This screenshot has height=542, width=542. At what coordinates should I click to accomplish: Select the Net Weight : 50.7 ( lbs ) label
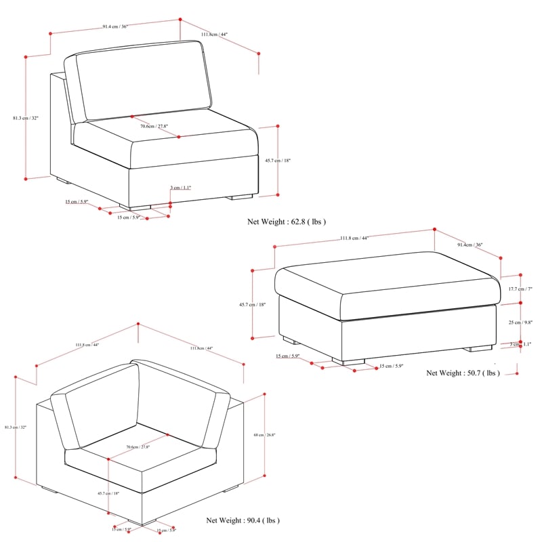[x=463, y=373]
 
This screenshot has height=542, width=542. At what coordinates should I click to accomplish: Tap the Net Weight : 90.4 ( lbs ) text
[x=243, y=520]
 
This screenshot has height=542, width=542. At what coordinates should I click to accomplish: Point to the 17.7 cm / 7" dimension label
[x=521, y=289]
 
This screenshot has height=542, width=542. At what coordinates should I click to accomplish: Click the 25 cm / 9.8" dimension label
[x=521, y=323]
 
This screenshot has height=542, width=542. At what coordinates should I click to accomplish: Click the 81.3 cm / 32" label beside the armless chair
[x=26, y=118]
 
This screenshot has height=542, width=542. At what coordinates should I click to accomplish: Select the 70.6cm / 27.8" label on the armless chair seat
[x=154, y=126]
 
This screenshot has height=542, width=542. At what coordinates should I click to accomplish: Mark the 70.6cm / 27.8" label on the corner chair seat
[x=138, y=447]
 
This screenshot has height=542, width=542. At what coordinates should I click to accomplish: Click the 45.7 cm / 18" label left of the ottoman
[x=253, y=305]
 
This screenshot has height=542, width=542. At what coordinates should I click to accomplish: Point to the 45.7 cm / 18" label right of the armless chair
[x=278, y=161]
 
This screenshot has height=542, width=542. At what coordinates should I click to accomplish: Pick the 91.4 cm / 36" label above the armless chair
[x=115, y=26]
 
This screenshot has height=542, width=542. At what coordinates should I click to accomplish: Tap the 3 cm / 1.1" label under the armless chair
[x=181, y=187]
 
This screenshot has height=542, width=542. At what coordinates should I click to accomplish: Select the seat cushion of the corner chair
[x=142, y=461]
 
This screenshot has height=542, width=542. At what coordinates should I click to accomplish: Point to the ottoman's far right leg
[x=478, y=348]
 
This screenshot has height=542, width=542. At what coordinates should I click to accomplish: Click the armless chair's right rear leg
[x=240, y=197]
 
